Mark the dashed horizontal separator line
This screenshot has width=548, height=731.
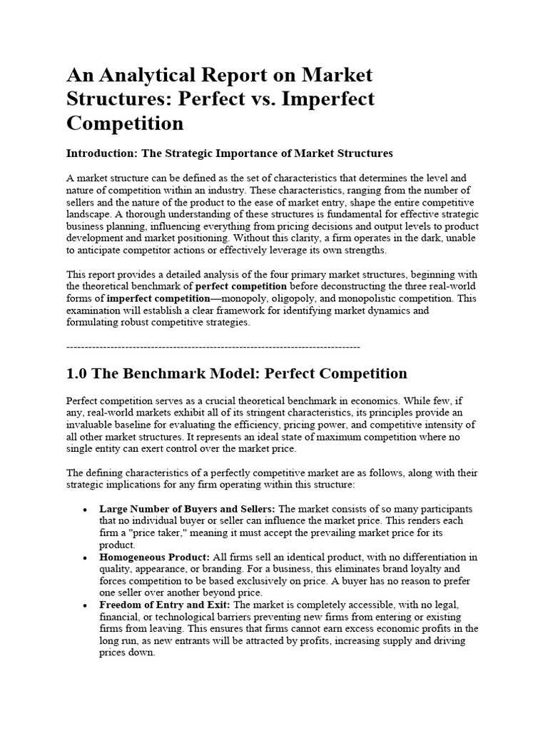(213, 346)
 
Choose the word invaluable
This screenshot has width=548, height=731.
(88, 425)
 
